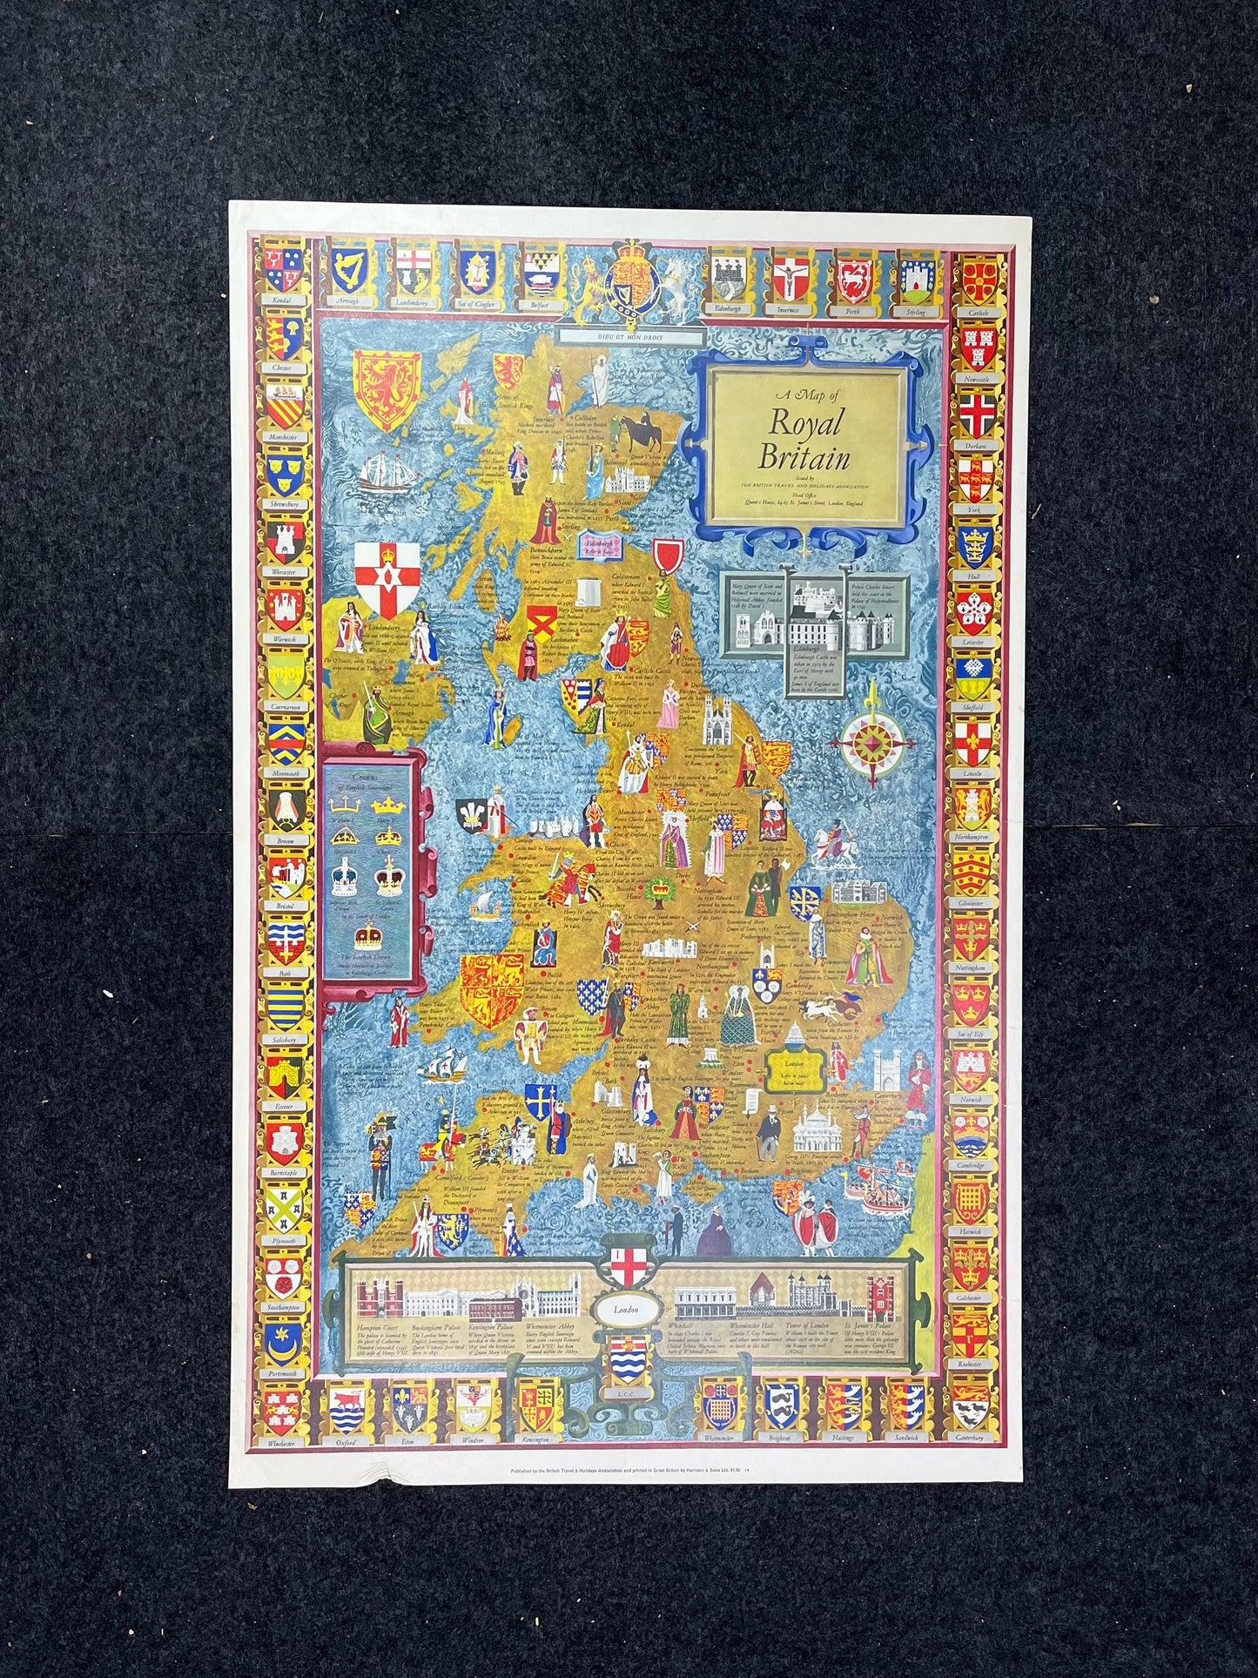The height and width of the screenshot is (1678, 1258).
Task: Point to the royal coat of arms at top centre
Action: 629,280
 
